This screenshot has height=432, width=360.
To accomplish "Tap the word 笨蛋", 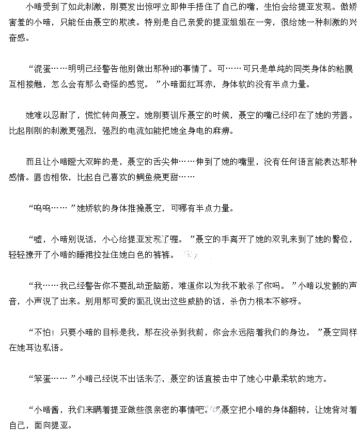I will [x=43, y=379].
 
